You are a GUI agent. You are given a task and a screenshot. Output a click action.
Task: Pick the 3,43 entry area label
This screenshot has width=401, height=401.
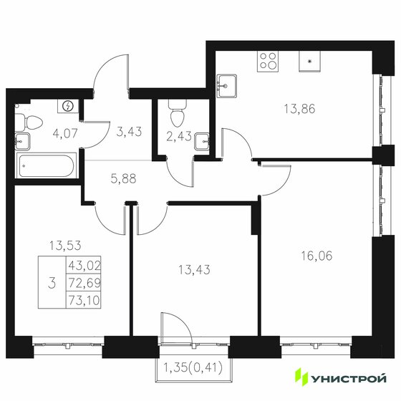[x=129, y=130]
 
